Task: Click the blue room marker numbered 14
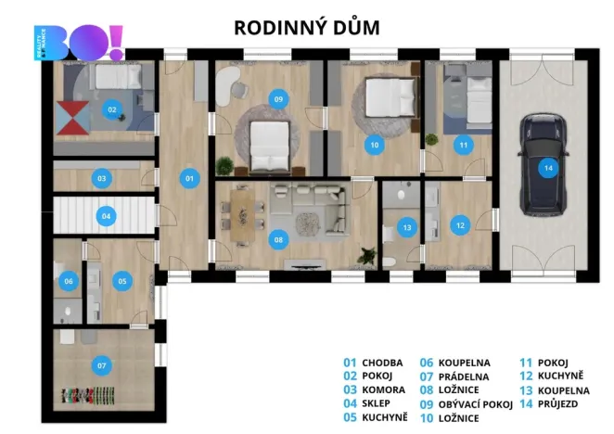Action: (548, 168)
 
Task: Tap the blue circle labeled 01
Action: (188, 177)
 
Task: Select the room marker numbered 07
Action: (103, 365)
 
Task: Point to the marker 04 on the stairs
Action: (107, 217)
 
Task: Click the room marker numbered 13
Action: (406, 226)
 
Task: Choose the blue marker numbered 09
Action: (276, 98)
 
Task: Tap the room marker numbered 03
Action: (102, 177)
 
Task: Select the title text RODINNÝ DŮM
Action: (306, 27)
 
